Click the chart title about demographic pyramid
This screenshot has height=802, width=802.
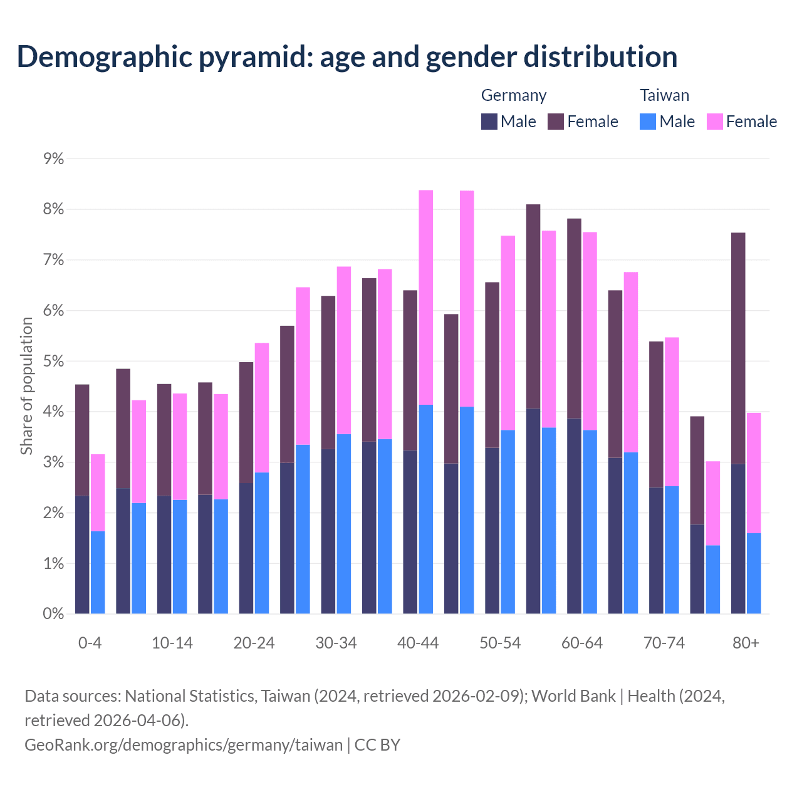pyautogui.click(x=347, y=57)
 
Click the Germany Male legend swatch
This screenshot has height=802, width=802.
pyautogui.click(x=489, y=122)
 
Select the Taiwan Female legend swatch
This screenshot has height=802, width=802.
pyautogui.click(x=715, y=122)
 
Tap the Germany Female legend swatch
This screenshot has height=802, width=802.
pyautogui.click(x=556, y=122)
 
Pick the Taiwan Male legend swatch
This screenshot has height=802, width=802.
pyautogui.click(x=648, y=122)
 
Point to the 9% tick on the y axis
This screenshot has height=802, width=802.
pyautogui.click(x=54, y=159)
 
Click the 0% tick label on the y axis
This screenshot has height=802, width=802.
pyautogui.click(x=54, y=614)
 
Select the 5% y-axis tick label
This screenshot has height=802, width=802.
pyautogui.click(x=54, y=362)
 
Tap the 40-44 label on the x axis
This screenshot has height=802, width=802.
pyautogui.click(x=418, y=643)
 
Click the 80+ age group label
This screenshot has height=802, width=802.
pyautogui.click(x=746, y=643)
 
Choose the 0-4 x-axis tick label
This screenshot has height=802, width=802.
pyautogui.click(x=90, y=643)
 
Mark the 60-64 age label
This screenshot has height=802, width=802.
pyautogui.click(x=582, y=643)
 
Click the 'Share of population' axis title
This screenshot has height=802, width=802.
pyautogui.click(x=26, y=385)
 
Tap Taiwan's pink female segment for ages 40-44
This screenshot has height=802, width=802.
pyautogui.click(x=426, y=298)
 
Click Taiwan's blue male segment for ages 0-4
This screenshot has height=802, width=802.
pyautogui.click(x=98, y=572)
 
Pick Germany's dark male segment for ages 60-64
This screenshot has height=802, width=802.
pyautogui.click(x=574, y=516)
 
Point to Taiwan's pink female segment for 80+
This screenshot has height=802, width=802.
pyautogui.click(x=754, y=473)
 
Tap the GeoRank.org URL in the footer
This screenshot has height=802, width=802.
pyautogui.click(x=184, y=745)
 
